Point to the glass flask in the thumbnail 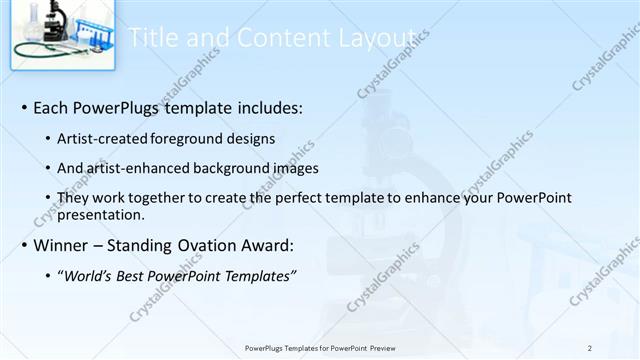(x=29, y=24)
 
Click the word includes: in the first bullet (x=266, y=107)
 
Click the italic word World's (x=89, y=276)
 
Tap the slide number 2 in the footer (x=591, y=348)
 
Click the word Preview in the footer (x=379, y=348)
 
